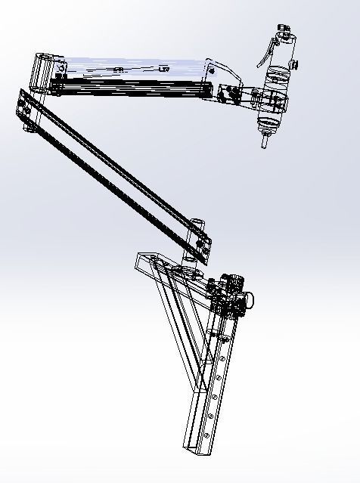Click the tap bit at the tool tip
[265, 141]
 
